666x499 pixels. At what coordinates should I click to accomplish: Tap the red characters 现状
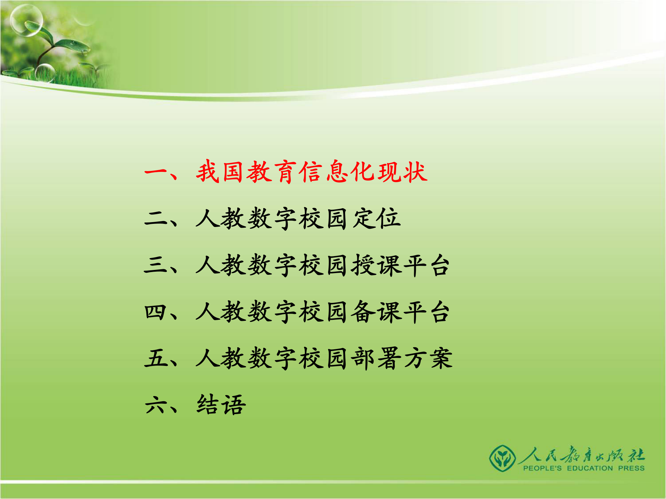pos(402,172)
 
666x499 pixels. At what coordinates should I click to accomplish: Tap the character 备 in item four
pos(363,312)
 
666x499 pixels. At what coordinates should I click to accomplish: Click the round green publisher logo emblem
pos(502,458)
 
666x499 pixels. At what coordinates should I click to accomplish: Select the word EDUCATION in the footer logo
pos(590,469)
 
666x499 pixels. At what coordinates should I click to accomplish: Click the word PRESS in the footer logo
pos(631,469)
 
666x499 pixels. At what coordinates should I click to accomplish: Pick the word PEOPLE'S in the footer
pos(542,469)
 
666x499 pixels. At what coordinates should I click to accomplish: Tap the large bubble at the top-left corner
pos(26,20)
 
